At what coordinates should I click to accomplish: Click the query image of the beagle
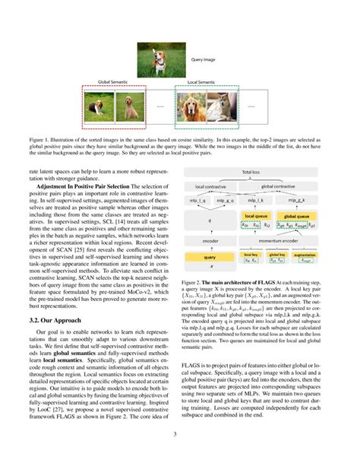(x=158, y=59)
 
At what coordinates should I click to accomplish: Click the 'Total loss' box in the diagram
(x=251, y=173)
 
